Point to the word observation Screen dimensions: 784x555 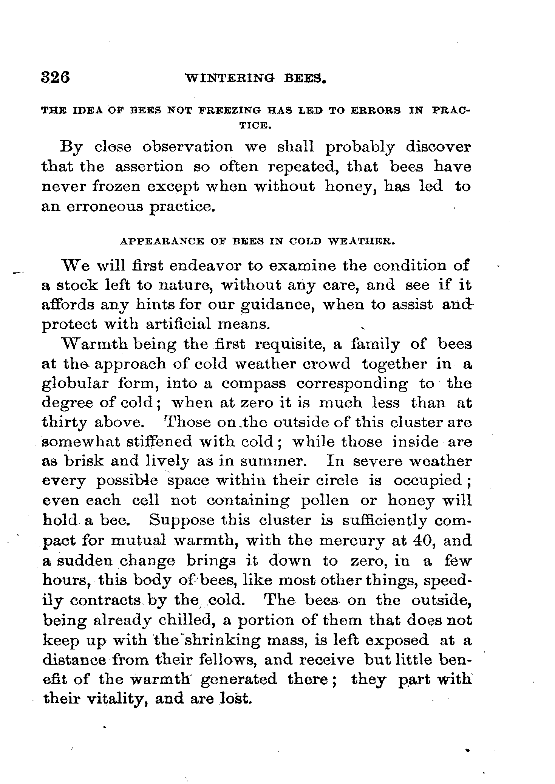(187, 147)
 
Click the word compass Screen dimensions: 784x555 (254, 384)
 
